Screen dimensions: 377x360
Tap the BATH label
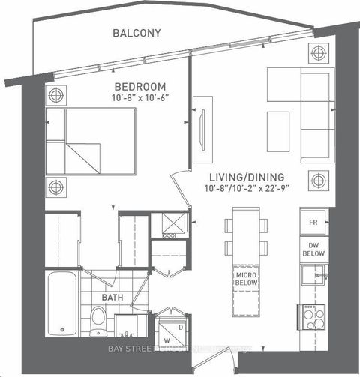113,297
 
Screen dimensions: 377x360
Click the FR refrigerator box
312,223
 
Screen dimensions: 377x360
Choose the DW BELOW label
312,250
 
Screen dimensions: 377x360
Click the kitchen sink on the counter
313,277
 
